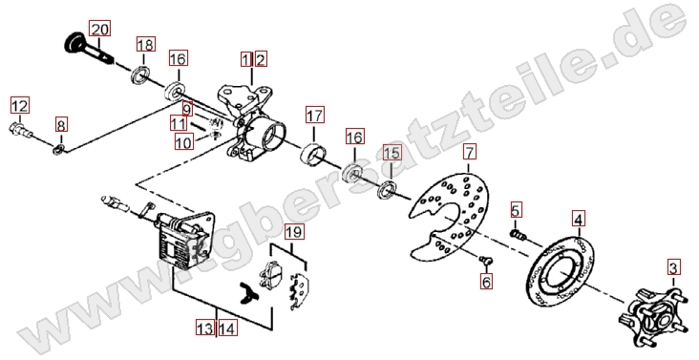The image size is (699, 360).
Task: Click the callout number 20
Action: click(x=99, y=30)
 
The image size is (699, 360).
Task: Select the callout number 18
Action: click(x=145, y=45)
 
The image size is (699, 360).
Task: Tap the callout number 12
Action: click(x=19, y=106)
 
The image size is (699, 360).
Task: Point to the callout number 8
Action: click(x=61, y=125)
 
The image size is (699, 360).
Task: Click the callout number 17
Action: click(x=315, y=116)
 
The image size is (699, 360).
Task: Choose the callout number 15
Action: click(x=392, y=154)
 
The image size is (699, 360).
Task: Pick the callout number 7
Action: click(x=470, y=153)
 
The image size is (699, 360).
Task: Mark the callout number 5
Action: click(x=516, y=210)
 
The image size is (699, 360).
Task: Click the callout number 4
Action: click(x=578, y=220)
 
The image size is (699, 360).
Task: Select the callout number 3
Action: click(x=673, y=268)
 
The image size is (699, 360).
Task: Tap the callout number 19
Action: click(x=295, y=232)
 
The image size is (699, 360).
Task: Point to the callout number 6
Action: click(x=486, y=281)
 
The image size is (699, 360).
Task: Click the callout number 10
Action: click(x=183, y=142)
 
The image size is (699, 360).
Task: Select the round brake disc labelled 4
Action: click(x=561, y=272)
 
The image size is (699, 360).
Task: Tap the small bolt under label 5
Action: click(x=518, y=233)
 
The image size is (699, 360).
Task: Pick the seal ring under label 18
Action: click(x=140, y=74)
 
